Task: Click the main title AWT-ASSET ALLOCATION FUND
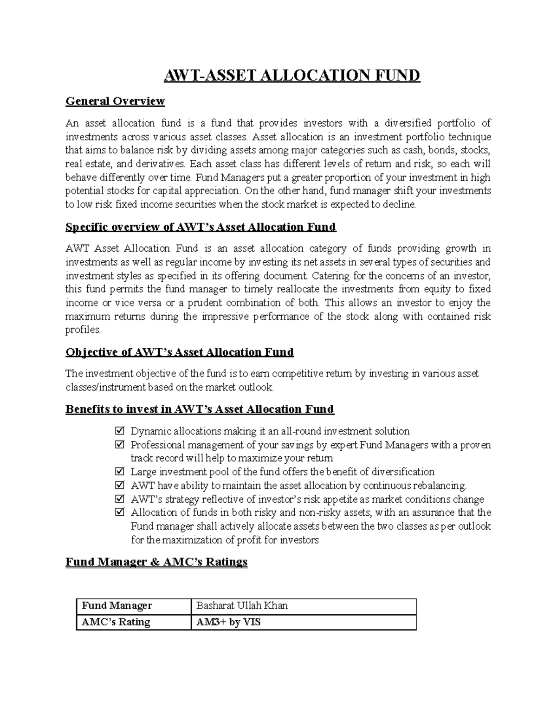291,75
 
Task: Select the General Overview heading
115,101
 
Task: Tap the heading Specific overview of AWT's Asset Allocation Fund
201,227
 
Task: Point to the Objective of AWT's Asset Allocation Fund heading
180,352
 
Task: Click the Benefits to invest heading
200,409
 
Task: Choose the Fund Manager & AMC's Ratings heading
156,562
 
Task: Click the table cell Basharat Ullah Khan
242,606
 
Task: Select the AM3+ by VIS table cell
228,622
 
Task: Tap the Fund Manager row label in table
117,606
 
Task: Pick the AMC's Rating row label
116,622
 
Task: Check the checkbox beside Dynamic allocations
120,431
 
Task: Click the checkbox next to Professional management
120,445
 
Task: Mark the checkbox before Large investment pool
120,472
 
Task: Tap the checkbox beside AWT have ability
120,486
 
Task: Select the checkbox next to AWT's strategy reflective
120,500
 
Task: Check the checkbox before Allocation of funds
120,513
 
